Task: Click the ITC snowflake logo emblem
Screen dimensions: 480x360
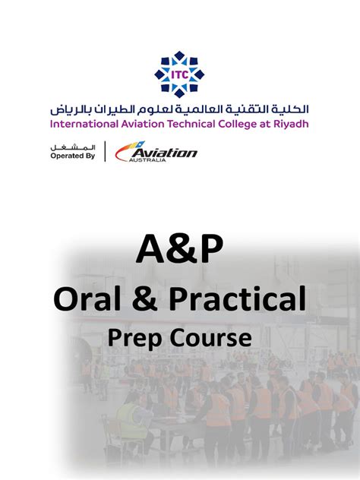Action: point(180,74)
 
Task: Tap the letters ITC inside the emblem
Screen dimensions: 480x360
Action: point(180,74)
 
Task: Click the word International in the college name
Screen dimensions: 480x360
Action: point(83,123)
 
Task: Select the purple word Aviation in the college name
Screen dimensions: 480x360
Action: point(142,123)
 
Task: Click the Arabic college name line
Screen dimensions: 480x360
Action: point(180,107)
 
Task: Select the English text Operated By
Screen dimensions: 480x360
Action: point(72,155)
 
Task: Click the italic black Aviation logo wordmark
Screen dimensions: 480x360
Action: point(163,152)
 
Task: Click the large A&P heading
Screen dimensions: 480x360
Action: point(179,249)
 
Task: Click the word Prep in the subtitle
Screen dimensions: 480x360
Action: point(137,336)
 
